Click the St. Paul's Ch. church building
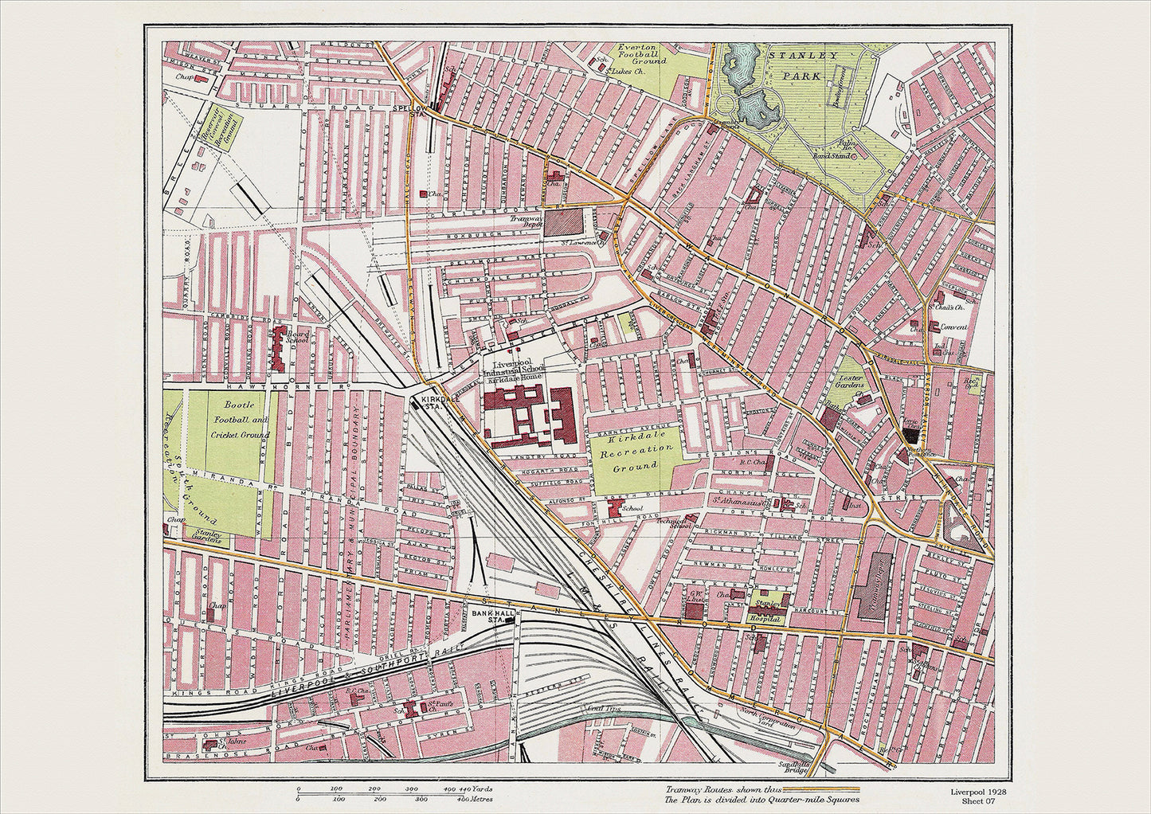point(413,708)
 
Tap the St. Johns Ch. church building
point(211,746)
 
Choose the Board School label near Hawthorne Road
point(297,337)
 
